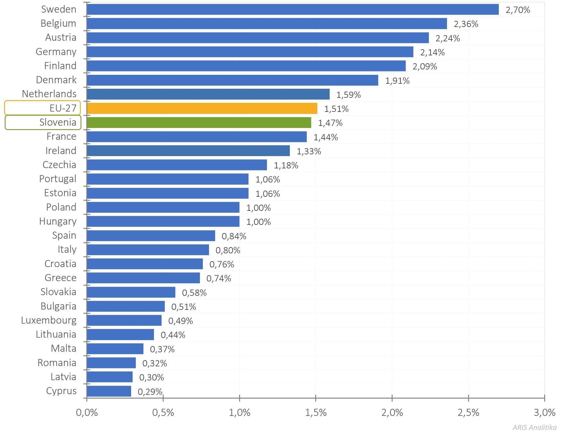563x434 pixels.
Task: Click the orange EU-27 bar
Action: click(202, 108)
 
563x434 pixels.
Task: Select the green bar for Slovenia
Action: click(199, 123)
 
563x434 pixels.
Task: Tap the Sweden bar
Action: click(293, 9)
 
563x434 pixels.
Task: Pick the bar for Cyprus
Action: click(109, 391)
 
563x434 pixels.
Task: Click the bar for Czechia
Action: click(177, 165)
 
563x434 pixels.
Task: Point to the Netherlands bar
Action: click(208, 94)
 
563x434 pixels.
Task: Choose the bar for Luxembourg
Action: click(124, 320)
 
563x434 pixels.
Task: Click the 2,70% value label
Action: click(518, 10)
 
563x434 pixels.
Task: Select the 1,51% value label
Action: click(336, 109)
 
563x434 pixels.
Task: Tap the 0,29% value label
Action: click(150, 392)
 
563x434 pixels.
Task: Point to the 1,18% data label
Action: click(286, 165)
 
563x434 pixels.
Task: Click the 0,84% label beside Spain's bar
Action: click(234, 236)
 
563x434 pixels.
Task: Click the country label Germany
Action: click(56, 52)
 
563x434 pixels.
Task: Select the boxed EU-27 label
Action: click(43, 108)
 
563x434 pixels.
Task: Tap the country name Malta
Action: click(64, 348)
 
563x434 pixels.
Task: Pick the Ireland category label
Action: click(61, 151)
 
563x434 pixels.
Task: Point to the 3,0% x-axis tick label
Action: click(545, 413)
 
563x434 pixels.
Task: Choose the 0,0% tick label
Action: click(87, 413)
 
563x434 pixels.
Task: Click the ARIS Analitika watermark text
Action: click(534, 428)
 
